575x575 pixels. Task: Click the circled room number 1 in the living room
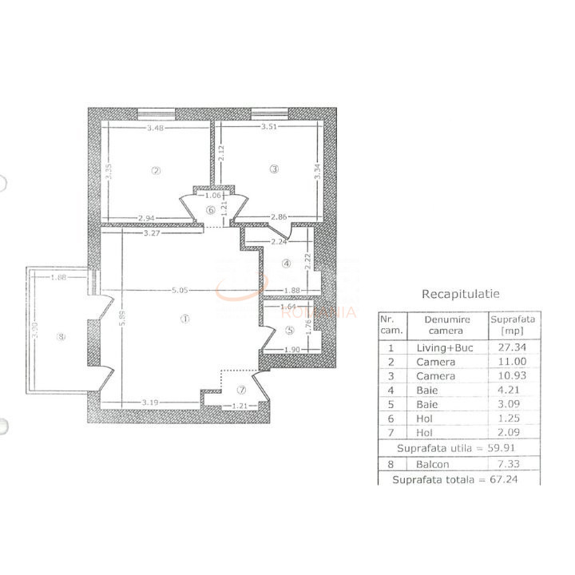point(184,319)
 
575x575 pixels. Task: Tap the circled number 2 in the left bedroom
point(157,169)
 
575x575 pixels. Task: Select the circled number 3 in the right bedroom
point(274,169)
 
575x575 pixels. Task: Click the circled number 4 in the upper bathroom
point(285,264)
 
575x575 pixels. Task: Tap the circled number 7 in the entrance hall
point(241,391)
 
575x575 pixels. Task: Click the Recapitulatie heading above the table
point(460,293)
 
